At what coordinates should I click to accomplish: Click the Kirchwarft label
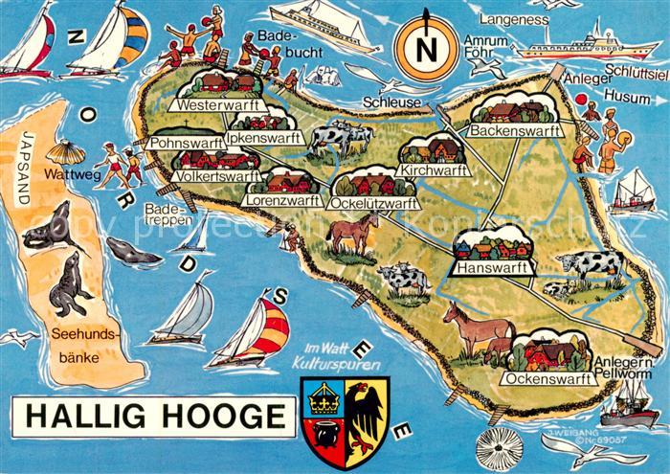click(x=435, y=169)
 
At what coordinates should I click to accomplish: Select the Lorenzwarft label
click(x=286, y=201)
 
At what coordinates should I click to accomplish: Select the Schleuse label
click(x=389, y=101)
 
